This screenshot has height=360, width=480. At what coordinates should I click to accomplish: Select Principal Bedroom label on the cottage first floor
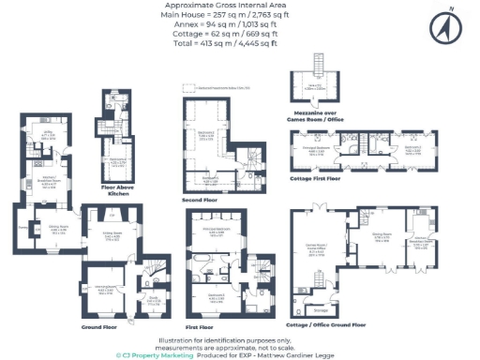point(324,148)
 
